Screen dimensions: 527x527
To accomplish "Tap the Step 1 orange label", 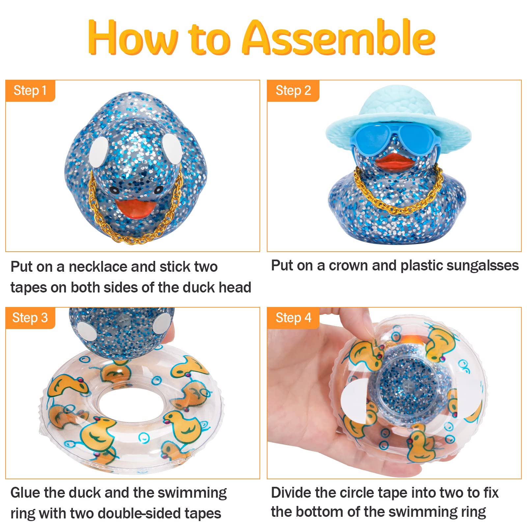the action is coord(30,91).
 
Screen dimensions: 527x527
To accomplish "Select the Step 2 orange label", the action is coord(293,91).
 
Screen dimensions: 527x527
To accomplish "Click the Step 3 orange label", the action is coord(30,318).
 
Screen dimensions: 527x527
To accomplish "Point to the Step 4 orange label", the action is coord(293,318).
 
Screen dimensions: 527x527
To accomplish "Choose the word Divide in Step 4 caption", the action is coord(291,493).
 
